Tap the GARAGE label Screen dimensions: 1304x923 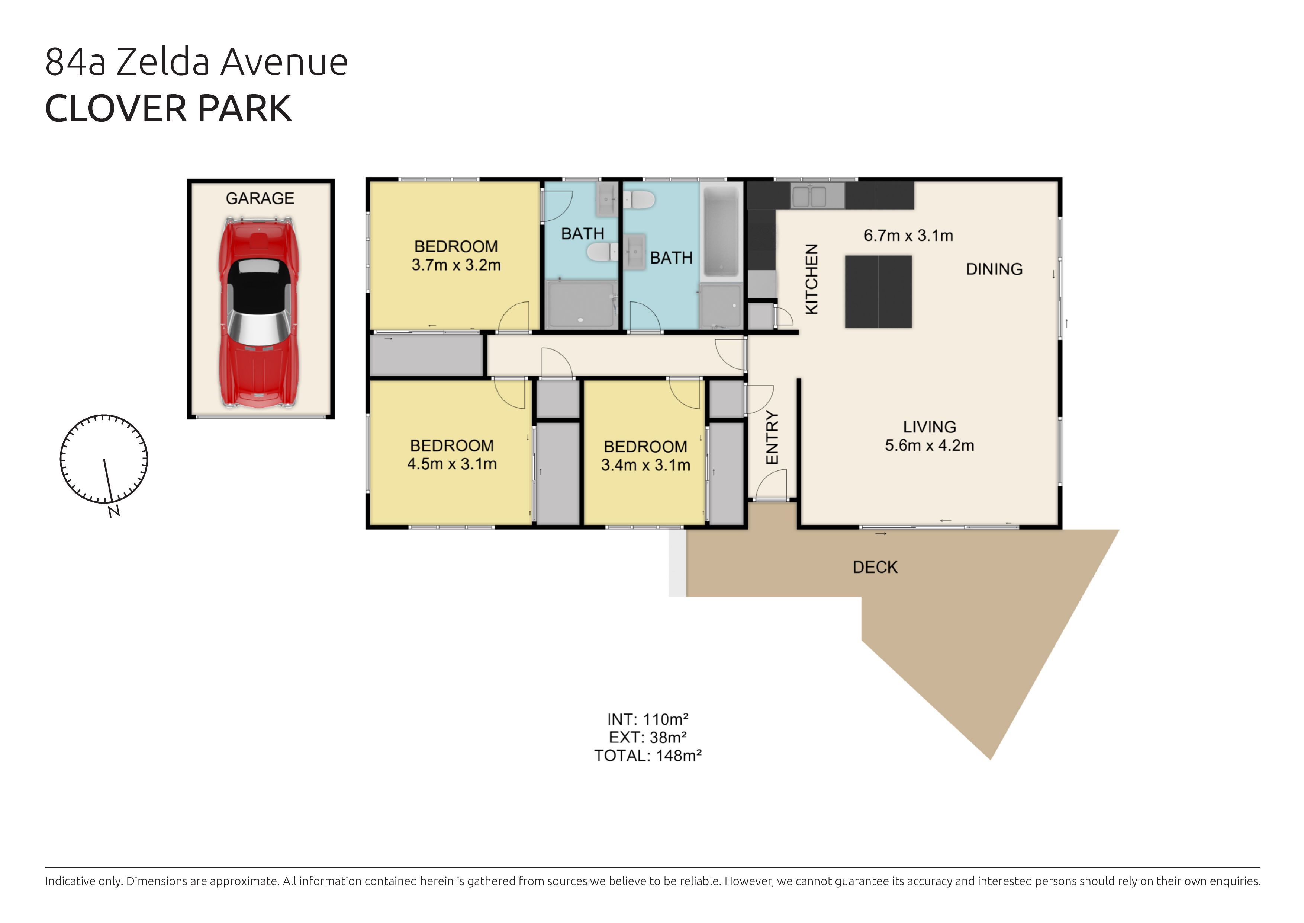(260, 198)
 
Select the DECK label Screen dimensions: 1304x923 (875, 567)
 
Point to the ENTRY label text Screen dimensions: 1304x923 (772, 438)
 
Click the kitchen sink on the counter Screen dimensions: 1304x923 (809, 197)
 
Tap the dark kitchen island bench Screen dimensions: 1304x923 (879, 291)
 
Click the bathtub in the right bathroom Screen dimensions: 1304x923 (721, 232)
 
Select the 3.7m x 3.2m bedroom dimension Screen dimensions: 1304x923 (456, 265)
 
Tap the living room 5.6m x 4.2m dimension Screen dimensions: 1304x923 (930, 445)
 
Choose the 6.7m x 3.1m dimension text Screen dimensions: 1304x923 (909, 235)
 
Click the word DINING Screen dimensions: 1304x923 (995, 269)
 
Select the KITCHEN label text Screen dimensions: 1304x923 (812, 279)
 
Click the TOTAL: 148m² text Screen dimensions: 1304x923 (648, 756)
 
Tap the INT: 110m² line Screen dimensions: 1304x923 (648, 719)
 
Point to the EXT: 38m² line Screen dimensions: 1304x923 (648, 738)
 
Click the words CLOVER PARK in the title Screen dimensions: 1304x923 (169, 109)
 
